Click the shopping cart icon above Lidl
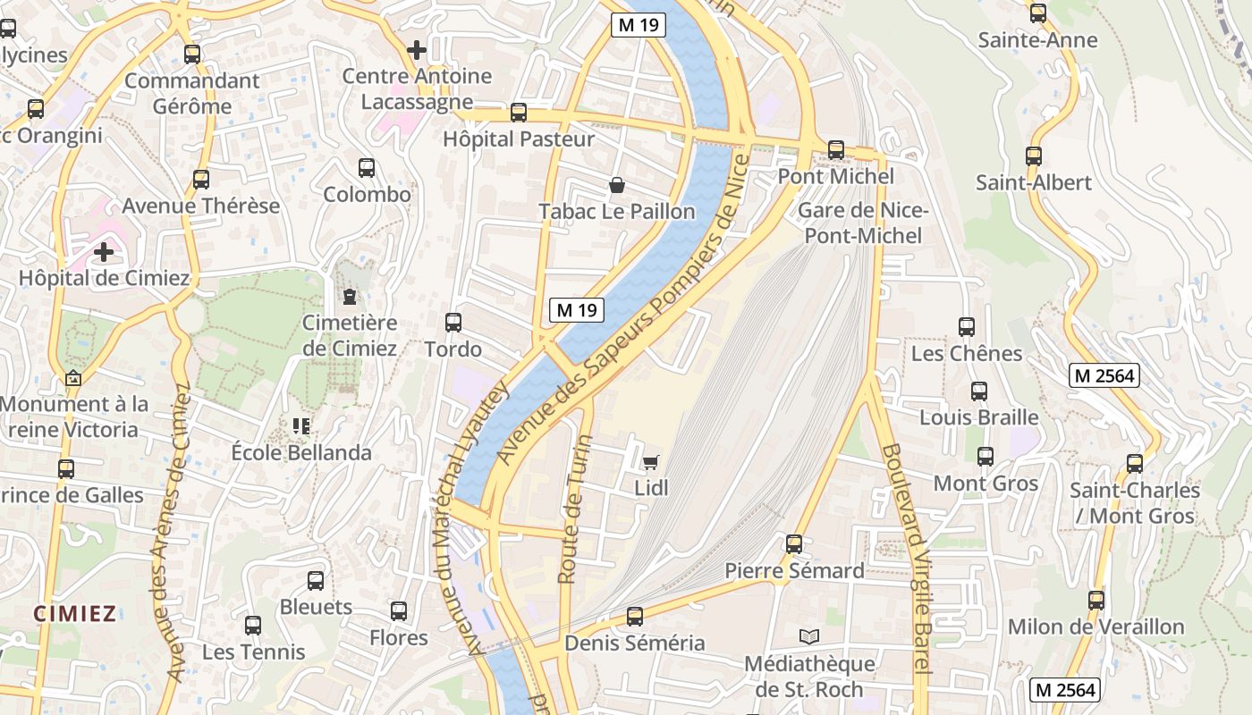650,462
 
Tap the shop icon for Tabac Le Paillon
617,186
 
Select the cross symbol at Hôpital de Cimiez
104,252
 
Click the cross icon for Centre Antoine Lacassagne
416,50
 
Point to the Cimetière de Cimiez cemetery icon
349,296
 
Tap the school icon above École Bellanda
300,426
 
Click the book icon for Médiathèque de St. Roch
809,636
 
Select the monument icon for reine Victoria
73,378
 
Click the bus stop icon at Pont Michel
836,150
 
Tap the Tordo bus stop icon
453,323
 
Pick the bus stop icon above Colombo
367,168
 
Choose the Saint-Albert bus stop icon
1034,156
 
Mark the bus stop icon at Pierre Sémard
794,544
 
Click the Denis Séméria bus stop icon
635,617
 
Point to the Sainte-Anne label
1037,40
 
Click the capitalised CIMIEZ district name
75,613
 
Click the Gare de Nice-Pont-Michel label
863,223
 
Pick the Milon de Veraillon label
1096,627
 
